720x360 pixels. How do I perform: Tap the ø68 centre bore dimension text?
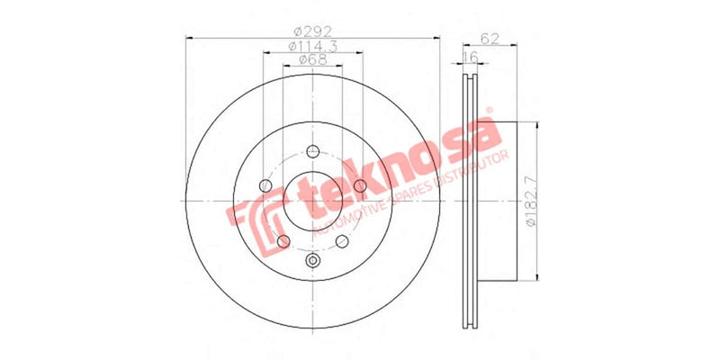click(x=311, y=61)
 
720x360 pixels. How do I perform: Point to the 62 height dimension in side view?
click(x=490, y=38)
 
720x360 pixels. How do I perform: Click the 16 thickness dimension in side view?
click(x=469, y=58)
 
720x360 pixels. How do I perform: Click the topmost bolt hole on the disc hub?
click(x=312, y=151)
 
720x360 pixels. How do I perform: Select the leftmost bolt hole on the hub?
click(x=265, y=186)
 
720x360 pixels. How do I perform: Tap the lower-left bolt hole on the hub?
click(x=284, y=241)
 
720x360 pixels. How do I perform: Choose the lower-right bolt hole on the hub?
click(x=341, y=241)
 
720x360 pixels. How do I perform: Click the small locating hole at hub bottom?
click(x=312, y=260)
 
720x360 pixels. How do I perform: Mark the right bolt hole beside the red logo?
click(x=360, y=185)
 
